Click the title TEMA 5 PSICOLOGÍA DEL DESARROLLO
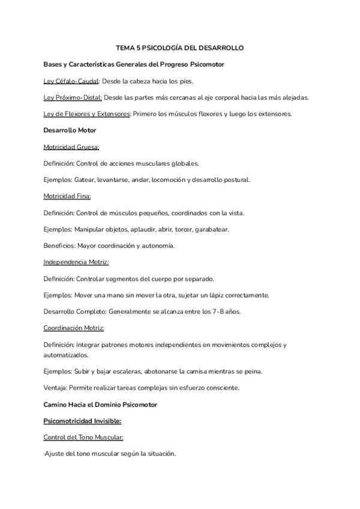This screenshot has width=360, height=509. click(180, 47)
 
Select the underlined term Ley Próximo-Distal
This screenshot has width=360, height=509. click(73, 97)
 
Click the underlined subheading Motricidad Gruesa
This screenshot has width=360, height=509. click(71, 146)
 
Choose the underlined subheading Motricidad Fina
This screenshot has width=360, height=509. click(67, 196)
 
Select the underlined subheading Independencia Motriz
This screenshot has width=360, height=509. click(76, 262)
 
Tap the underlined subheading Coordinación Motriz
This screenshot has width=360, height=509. click(74, 328)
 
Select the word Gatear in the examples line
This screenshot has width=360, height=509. click(86, 179)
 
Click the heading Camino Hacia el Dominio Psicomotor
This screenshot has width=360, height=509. click(100, 405)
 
